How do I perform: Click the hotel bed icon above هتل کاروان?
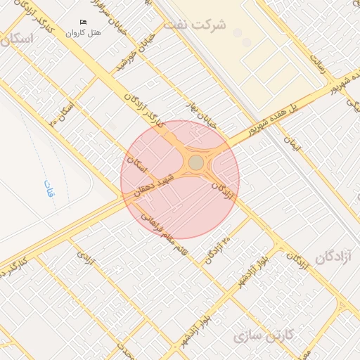(x=84, y=22)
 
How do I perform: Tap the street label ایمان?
(x=292, y=144)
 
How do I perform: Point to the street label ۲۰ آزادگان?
(x=217, y=250)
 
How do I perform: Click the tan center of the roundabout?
(x=195, y=163)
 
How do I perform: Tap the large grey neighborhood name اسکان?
(x=18, y=39)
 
